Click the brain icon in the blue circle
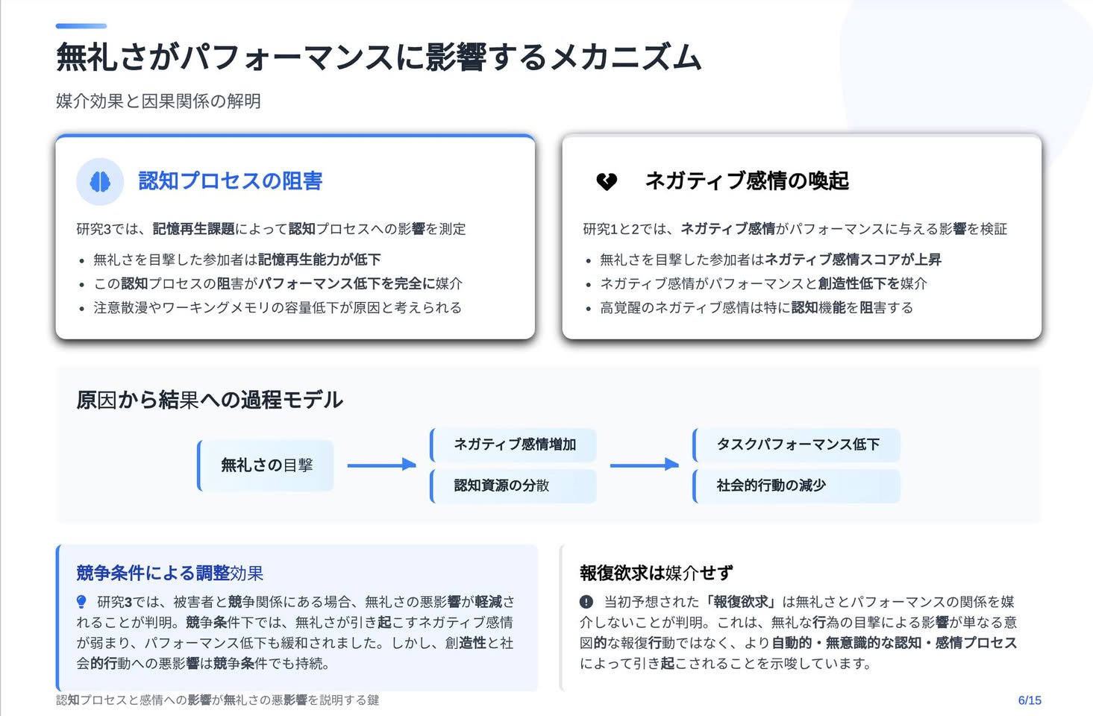click(100, 182)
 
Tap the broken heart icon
click(607, 182)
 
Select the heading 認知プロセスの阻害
click(231, 181)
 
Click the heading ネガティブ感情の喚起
click(747, 181)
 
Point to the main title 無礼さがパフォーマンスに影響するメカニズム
click(379, 57)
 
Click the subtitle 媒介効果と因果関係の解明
click(159, 101)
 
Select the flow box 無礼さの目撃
click(266, 465)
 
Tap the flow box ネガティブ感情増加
click(513, 445)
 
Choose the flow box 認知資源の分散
click(513, 486)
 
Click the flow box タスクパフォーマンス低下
click(796, 445)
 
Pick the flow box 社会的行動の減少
click(796, 486)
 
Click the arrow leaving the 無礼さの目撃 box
click(381, 465)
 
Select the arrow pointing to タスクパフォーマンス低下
click(645, 465)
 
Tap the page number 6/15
click(1030, 700)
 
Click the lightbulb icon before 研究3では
click(81, 603)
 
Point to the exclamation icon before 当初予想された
click(586, 602)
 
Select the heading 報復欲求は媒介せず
click(657, 573)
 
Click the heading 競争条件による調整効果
click(170, 573)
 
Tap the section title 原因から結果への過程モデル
click(210, 400)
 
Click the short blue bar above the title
click(81, 26)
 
